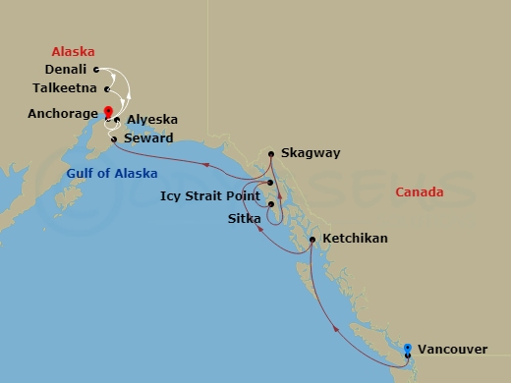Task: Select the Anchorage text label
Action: pyautogui.click(x=61, y=113)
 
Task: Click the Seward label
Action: pyautogui.click(x=148, y=138)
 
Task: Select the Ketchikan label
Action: pyautogui.click(x=355, y=239)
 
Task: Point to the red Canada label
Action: pyautogui.click(x=420, y=191)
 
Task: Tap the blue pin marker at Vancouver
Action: pyautogui.click(x=407, y=347)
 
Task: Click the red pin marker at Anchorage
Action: pyautogui.click(x=108, y=111)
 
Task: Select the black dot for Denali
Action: pyautogui.click(x=95, y=70)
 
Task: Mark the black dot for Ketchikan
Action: pyautogui.click(x=312, y=240)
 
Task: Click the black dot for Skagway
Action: pyautogui.click(x=270, y=153)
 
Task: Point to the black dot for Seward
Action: pyautogui.click(x=114, y=138)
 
